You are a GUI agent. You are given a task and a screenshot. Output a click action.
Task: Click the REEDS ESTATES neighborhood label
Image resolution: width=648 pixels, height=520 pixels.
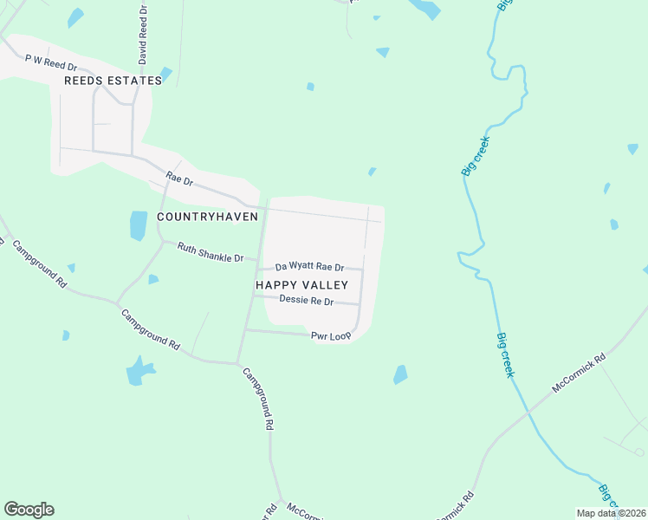(113, 81)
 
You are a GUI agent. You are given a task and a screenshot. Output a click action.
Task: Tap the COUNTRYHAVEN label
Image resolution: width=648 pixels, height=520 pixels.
(208, 216)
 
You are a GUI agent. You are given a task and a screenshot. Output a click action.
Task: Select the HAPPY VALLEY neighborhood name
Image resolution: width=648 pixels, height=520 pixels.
(301, 284)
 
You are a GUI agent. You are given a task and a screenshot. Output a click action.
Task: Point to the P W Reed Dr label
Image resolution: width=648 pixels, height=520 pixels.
(51, 62)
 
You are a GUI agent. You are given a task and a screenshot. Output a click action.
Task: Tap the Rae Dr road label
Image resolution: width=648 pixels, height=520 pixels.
(179, 181)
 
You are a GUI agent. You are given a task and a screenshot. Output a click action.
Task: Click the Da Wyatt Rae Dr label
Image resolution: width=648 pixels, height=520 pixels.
(309, 268)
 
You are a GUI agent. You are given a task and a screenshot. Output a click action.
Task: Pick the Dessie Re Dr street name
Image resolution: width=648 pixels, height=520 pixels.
(306, 300)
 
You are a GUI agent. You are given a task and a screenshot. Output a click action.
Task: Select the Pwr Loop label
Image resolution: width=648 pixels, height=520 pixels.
(331, 335)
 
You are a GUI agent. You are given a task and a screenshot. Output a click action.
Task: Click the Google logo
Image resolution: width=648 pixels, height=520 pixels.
(29, 509)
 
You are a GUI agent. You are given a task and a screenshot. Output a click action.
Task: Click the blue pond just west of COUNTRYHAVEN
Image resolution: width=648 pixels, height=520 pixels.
(139, 225)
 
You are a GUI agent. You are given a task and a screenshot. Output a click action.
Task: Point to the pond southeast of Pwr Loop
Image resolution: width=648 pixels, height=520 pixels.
(400, 374)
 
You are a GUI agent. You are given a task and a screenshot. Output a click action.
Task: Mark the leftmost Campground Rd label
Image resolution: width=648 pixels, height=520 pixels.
(37, 263)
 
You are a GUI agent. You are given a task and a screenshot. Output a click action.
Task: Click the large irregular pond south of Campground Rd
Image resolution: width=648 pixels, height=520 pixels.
(139, 371)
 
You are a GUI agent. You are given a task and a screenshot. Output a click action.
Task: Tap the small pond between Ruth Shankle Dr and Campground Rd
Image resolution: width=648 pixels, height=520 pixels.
(153, 279)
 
